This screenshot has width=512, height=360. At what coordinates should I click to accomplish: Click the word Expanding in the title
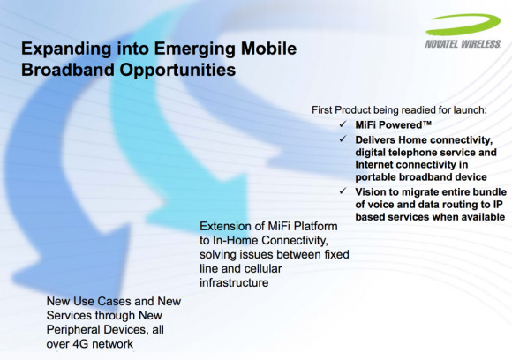(x=66, y=49)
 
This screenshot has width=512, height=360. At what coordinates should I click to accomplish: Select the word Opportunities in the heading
(x=177, y=71)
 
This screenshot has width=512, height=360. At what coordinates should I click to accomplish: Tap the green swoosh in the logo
(x=463, y=24)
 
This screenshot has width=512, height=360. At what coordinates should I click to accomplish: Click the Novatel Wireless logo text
(x=463, y=44)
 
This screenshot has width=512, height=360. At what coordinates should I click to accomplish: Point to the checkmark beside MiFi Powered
(x=343, y=124)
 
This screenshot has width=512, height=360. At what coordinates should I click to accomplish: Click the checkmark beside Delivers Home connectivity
(x=343, y=139)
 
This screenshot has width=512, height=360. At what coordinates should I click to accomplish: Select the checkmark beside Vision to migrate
(x=343, y=191)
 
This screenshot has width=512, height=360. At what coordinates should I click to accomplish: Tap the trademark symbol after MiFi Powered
(x=427, y=123)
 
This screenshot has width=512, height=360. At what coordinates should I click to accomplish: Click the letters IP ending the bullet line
(x=498, y=205)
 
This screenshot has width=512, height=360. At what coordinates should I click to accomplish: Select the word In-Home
(x=236, y=241)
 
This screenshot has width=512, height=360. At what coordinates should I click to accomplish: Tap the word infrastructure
(x=234, y=282)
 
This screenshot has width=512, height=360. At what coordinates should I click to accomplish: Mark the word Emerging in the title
(x=194, y=49)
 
